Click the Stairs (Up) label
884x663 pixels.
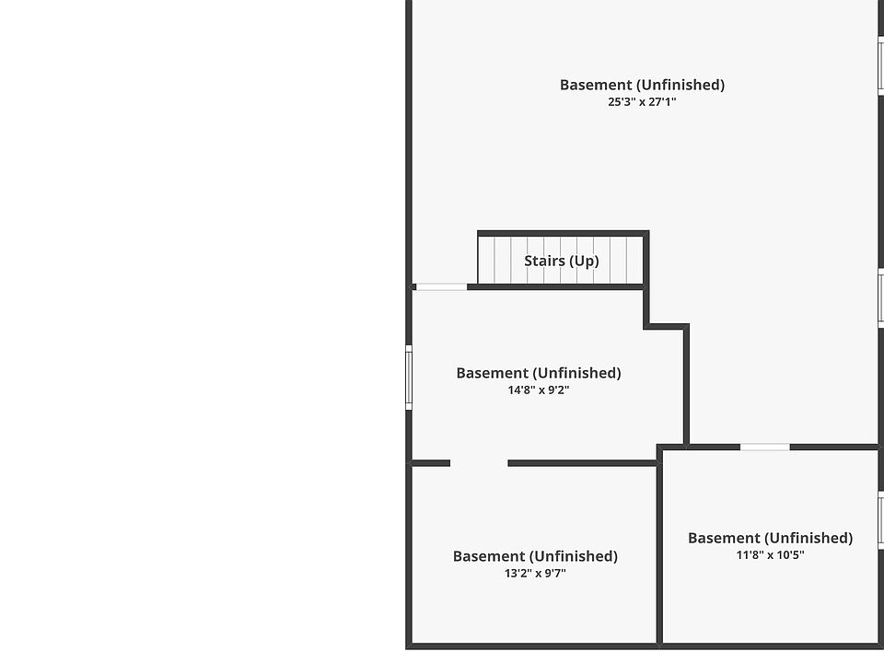coord(561,261)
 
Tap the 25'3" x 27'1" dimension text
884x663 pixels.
coord(642,102)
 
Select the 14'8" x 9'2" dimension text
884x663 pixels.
coord(539,390)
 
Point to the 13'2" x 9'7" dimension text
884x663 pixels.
coord(535,574)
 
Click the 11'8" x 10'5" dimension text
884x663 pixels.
coord(770,555)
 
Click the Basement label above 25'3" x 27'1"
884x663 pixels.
coord(642,85)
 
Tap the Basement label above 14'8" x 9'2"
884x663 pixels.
coord(539,373)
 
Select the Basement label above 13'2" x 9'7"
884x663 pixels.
coord(535,556)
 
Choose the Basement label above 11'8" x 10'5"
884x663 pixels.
coord(770,538)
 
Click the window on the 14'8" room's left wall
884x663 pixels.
coord(409,377)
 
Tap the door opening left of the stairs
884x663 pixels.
coord(441,287)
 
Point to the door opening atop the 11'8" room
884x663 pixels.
coord(764,448)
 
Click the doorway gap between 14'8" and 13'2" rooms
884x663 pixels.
coord(479,463)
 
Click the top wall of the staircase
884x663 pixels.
coord(562,234)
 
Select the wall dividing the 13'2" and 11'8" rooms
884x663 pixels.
coord(659,548)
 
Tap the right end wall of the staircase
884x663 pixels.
coord(646,260)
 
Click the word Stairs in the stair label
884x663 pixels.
coord(543,261)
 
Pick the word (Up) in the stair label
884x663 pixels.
coord(583,261)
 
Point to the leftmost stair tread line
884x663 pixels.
coord(495,261)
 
